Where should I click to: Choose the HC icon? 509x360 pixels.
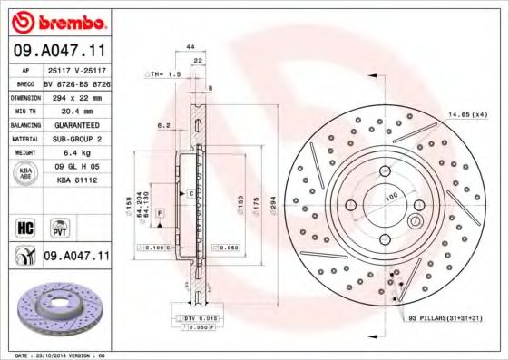pyautogui.click(x=26, y=227)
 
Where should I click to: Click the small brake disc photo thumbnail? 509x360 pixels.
pyautogui.click(x=56, y=309)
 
